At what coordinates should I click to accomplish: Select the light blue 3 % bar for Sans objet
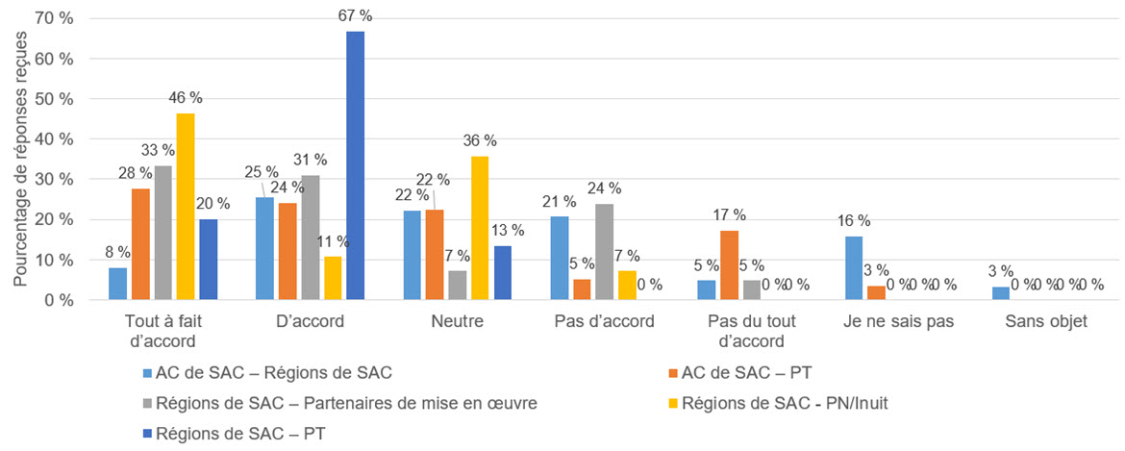click(x=1001, y=293)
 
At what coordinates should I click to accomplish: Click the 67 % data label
click(x=355, y=15)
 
